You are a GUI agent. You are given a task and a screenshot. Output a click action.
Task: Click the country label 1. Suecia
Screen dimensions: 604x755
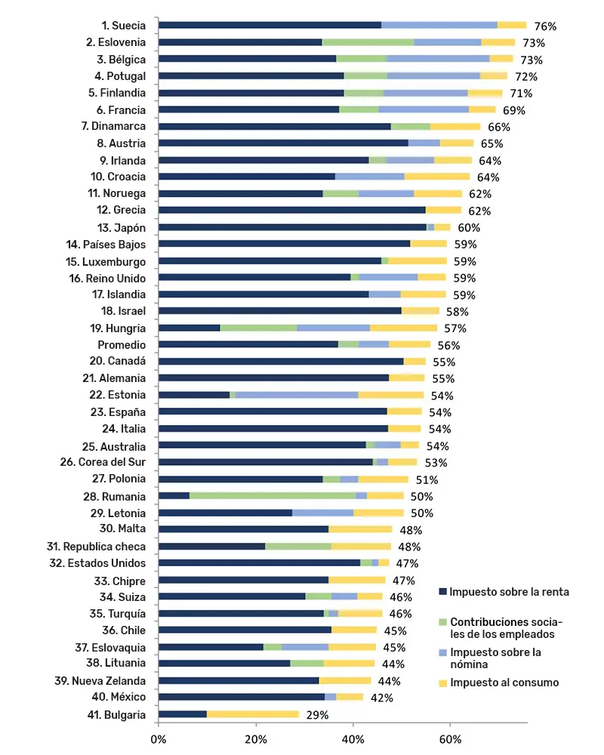coord(123,26)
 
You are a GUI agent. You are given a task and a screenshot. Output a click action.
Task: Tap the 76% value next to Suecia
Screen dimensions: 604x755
coord(545,26)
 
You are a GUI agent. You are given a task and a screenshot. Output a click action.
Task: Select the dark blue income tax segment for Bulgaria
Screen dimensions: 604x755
coord(183,714)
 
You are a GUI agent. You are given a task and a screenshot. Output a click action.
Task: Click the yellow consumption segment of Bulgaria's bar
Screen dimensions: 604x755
coord(253,714)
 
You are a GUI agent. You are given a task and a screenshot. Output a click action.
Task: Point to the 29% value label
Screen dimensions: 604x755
coord(317,715)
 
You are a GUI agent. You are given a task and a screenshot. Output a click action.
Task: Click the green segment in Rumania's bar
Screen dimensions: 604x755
coord(272,495)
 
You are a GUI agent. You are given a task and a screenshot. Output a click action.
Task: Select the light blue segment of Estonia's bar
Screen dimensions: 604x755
coord(297,395)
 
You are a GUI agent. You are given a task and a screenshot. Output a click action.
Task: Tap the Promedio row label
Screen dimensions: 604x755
coord(122,345)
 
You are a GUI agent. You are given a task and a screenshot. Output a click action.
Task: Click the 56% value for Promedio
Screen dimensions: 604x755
coord(448,345)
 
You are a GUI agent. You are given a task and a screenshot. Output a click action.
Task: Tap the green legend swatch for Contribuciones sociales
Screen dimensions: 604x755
coord(442,622)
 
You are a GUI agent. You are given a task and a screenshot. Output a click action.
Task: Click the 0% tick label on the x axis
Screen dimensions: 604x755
coord(158,739)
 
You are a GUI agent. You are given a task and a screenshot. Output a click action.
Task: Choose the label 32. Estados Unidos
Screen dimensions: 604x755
coord(97,563)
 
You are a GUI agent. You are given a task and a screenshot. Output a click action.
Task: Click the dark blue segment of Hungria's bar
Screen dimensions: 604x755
coord(190,328)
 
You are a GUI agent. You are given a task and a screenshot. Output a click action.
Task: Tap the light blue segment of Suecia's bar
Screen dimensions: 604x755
coord(439,25)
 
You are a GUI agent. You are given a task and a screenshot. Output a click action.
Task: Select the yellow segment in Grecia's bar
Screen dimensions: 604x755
coord(444,210)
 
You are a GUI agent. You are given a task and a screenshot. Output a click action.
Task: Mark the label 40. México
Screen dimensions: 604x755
coord(119,697)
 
